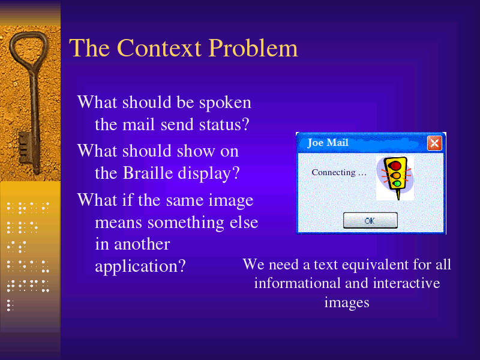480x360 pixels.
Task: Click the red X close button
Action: [434, 143]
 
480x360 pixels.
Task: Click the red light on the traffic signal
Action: [395, 166]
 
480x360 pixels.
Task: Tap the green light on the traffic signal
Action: [397, 184]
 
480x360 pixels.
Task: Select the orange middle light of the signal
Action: [396, 175]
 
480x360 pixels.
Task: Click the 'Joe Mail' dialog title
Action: [328, 143]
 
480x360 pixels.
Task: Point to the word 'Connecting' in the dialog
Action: [334, 173]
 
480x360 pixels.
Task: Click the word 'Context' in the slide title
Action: [159, 48]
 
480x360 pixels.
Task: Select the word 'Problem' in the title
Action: [253, 48]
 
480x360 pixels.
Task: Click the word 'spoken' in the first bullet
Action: [225, 103]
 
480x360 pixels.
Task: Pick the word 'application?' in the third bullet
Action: [140, 266]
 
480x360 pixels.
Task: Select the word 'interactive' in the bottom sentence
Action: [407, 283]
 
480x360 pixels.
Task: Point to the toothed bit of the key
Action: [25, 148]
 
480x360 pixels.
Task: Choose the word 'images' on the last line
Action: [347, 303]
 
